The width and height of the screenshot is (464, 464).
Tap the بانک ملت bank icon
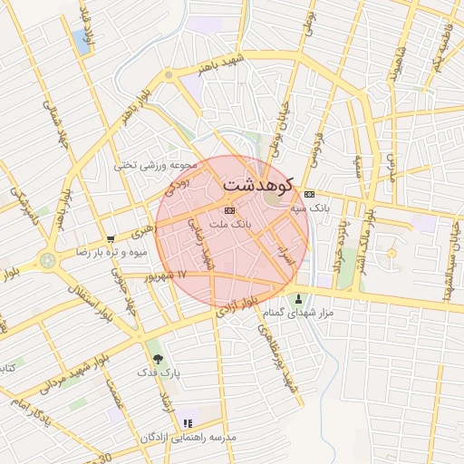[228, 209]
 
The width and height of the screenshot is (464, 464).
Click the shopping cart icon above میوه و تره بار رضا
[111, 239]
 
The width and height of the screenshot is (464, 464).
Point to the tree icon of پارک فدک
[159, 360]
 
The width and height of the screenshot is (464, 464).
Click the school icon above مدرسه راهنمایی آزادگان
[188, 423]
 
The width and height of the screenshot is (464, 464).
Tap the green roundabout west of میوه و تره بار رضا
[47, 261]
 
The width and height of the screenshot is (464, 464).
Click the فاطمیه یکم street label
[441, 51]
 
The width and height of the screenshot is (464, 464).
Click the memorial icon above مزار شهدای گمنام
[298, 299]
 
